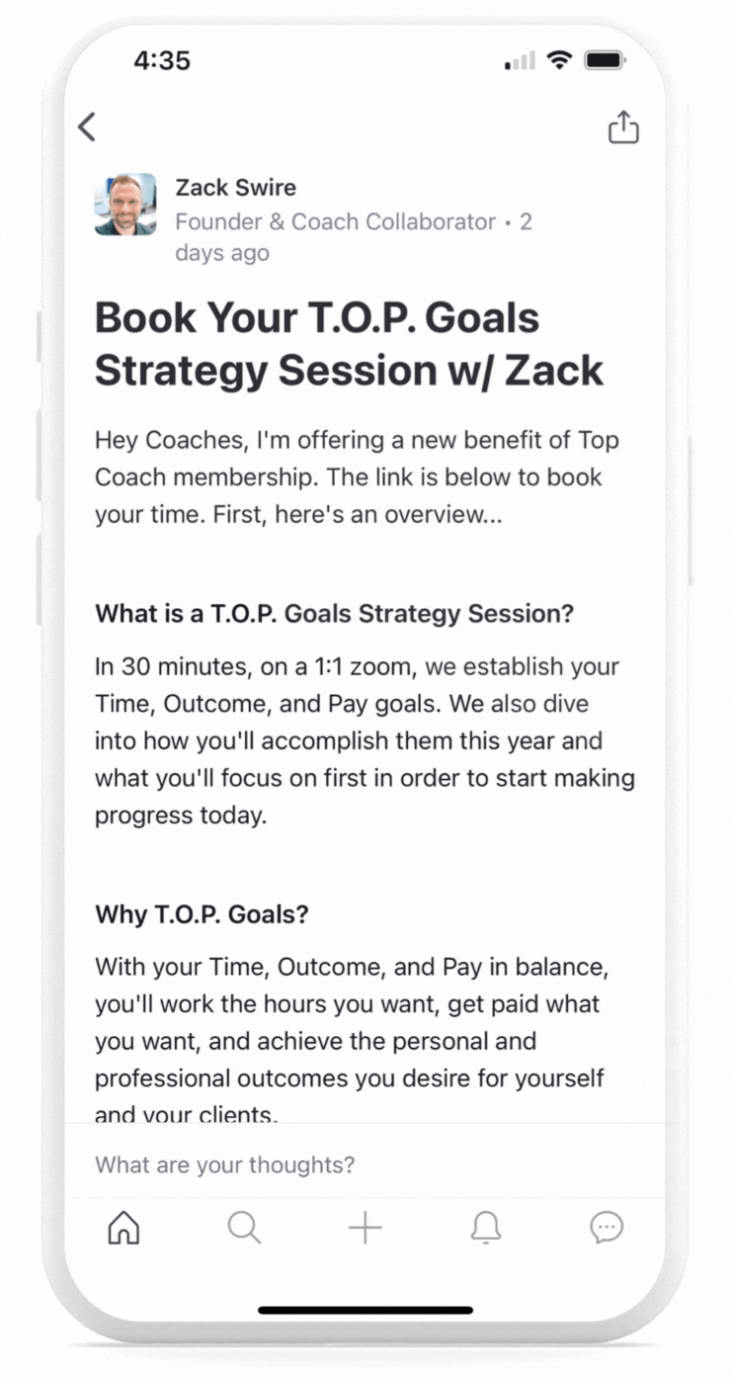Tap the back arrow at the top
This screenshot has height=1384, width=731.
(x=87, y=128)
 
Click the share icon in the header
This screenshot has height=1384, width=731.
(x=623, y=128)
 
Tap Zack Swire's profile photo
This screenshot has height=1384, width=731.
(x=125, y=205)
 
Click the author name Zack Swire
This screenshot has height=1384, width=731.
(x=236, y=188)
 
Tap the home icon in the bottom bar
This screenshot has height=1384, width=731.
(x=123, y=1227)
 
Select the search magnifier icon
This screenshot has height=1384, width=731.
(x=244, y=1227)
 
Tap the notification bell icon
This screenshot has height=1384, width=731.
(x=486, y=1227)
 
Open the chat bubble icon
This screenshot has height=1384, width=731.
(x=607, y=1227)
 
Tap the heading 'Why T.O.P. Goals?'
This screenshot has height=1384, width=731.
(x=202, y=914)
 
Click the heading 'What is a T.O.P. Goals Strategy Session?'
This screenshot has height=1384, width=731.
(x=335, y=614)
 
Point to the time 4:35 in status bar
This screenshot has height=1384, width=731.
(x=162, y=60)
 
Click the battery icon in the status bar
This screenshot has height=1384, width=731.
(x=605, y=60)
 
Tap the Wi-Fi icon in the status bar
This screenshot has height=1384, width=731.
(x=559, y=60)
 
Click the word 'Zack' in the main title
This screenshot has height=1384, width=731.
(x=554, y=371)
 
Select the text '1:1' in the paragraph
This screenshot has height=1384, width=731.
(x=328, y=666)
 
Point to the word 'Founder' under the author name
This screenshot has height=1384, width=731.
(x=218, y=221)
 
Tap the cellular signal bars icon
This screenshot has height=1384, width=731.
(x=520, y=60)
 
